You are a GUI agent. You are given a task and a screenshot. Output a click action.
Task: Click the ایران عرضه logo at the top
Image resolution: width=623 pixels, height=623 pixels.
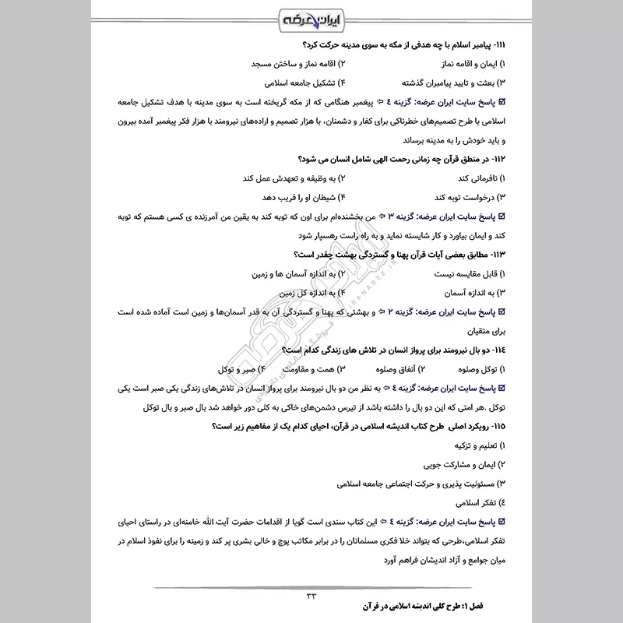(311, 17)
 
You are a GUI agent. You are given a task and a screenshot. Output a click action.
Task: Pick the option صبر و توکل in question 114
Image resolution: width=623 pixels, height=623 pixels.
(228, 368)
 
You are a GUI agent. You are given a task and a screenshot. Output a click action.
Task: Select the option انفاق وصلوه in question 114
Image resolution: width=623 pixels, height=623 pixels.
(391, 368)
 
